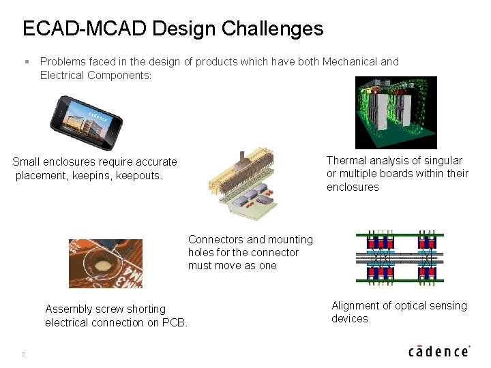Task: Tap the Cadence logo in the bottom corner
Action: click(x=438, y=350)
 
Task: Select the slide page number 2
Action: click(x=23, y=354)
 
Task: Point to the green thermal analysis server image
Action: click(x=396, y=112)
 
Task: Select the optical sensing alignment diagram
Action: click(x=400, y=256)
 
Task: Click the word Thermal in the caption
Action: click(x=346, y=161)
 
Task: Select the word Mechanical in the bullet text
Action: click(x=351, y=62)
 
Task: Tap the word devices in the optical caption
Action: click(x=350, y=319)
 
